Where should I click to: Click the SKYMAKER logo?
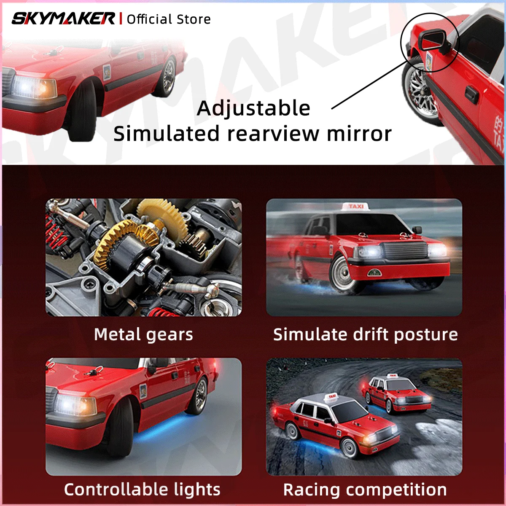click(x=63, y=19)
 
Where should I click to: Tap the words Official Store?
click(x=169, y=19)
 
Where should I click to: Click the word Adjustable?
click(x=253, y=109)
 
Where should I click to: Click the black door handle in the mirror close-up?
click(x=471, y=94)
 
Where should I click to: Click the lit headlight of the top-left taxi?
click(x=34, y=87)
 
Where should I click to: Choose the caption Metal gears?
click(x=143, y=334)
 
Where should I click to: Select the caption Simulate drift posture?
click(x=365, y=334)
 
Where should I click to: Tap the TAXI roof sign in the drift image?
click(x=356, y=207)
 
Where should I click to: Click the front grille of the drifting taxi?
click(x=406, y=250)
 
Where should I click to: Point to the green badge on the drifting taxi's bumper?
click(x=375, y=273)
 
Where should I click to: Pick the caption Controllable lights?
click(x=143, y=490)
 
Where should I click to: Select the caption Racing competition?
click(x=365, y=490)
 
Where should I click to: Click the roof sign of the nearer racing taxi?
click(x=332, y=397)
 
